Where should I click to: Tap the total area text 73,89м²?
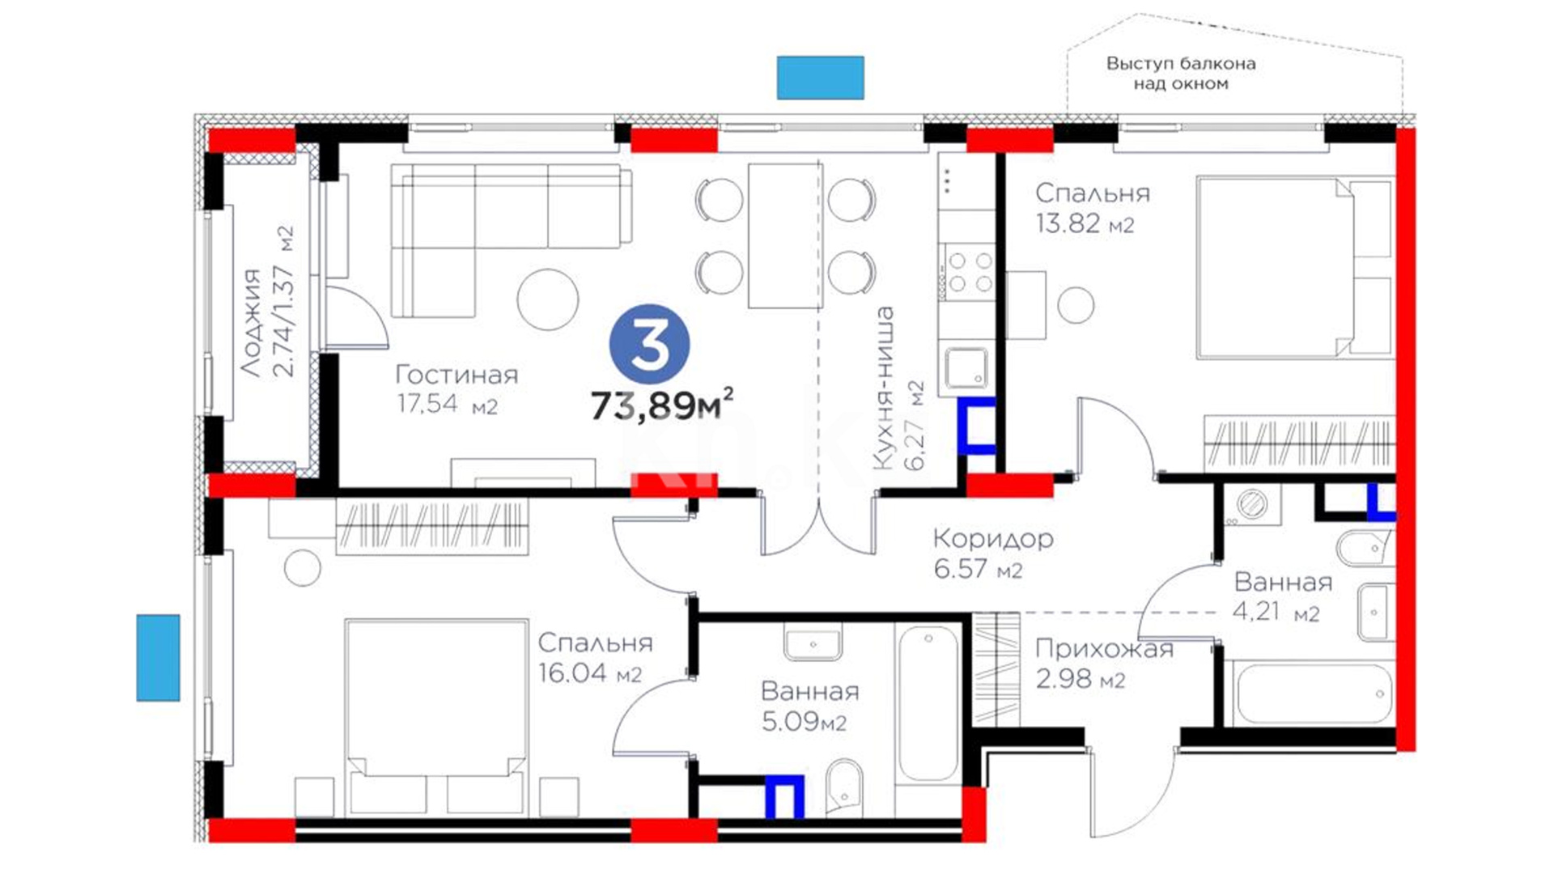pos(663,404)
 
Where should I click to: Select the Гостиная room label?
pos(456,375)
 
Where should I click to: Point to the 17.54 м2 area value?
pos(447,403)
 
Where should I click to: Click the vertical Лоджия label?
pos(253,323)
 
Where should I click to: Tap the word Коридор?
pos(993,539)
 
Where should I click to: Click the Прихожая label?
pos(1104,649)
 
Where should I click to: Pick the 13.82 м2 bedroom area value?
pos(1085,223)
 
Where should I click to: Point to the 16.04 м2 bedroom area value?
pos(590,672)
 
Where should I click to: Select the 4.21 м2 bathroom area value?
pos(1276,611)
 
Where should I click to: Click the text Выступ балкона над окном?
pos(1181,74)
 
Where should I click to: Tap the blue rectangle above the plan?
pos(821,78)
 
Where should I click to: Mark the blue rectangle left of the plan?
pos(158,657)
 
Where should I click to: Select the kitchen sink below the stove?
pos(967,369)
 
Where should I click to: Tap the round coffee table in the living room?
pos(548,299)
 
